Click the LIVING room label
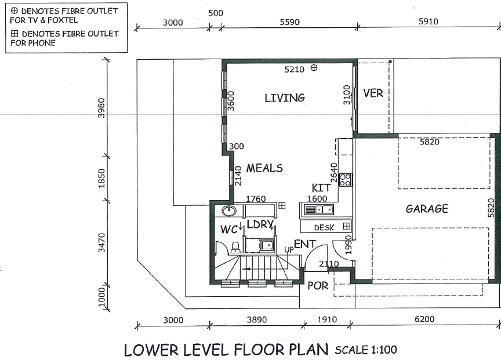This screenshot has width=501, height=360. click(284, 98)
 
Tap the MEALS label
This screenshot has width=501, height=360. click(264, 168)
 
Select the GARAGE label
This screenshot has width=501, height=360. click(427, 209)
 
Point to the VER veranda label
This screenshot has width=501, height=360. click(373, 93)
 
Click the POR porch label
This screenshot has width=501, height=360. click(318, 286)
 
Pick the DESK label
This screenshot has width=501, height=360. click(324, 227)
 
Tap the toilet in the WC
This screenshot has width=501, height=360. click(235, 247)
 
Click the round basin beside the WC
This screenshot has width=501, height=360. click(229, 210)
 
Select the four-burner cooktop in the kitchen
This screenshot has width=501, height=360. click(345, 180)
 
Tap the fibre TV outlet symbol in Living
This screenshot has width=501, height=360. click(314, 67)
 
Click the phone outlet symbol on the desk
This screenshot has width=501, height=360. click(347, 226)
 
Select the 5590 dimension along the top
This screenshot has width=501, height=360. click(289, 22)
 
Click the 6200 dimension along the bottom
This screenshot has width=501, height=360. click(424, 319)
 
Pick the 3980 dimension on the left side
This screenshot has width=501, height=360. click(101, 108)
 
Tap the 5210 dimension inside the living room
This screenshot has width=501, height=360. click(294, 70)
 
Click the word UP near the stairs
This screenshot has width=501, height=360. click(289, 249)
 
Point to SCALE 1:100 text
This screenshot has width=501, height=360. click(366, 350)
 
